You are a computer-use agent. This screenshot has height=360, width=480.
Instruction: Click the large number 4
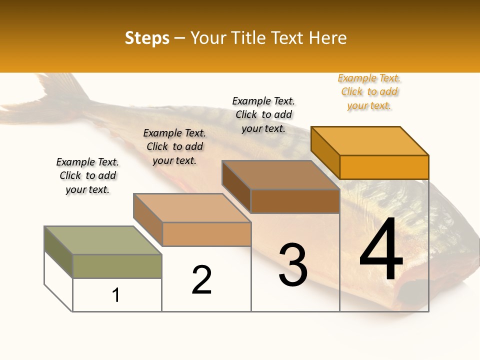381,251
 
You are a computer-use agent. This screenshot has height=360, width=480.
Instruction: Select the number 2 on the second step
201,279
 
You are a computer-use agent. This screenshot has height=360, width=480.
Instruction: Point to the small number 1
116,295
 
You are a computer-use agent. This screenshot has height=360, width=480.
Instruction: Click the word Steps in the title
147,38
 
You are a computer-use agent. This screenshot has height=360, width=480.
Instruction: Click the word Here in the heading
328,38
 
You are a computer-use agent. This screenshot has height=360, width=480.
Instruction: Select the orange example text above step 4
369,91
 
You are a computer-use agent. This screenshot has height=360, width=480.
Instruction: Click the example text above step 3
263,114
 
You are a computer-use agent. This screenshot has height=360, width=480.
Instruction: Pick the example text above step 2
174,146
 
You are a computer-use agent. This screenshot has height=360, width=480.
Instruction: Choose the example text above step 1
87,175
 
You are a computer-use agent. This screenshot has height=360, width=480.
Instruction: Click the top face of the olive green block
102,240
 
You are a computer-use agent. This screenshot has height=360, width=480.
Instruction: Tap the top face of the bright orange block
370,140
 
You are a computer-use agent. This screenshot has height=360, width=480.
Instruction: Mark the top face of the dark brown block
280,175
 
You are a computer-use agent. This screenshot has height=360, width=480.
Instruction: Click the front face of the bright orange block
384,167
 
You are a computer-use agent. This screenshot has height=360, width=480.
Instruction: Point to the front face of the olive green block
117,266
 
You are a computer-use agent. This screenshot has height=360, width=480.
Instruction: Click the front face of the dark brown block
295,201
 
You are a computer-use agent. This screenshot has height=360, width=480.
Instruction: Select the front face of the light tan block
206,234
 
